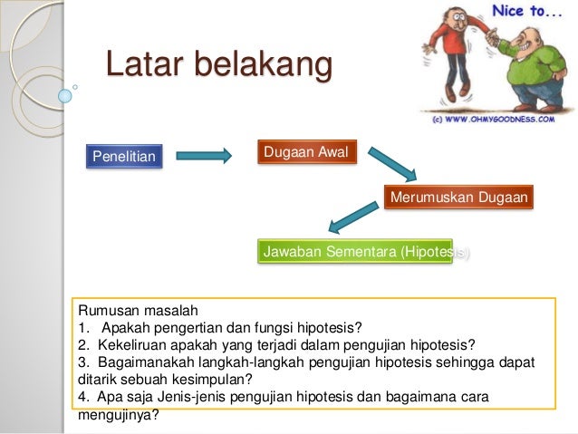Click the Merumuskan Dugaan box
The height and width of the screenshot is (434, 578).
(x=458, y=197)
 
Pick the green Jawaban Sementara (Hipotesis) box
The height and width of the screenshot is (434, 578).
(x=365, y=251)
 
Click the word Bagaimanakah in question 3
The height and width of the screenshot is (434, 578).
(x=148, y=362)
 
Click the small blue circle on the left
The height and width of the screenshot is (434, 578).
(x=64, y=93)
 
